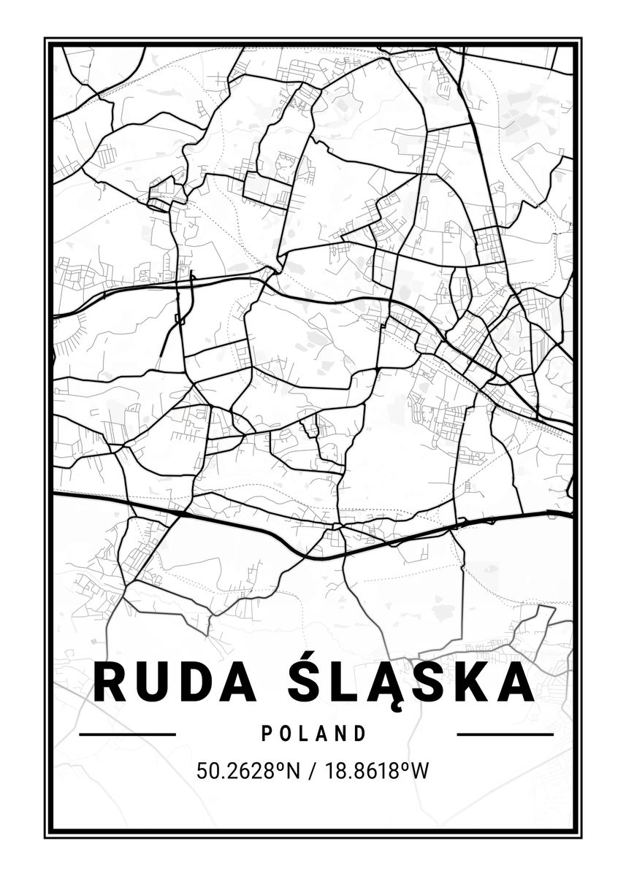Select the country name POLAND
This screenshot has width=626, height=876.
point(313,733)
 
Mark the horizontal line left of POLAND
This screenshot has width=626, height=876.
point(127,734)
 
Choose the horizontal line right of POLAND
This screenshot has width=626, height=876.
point(505,734)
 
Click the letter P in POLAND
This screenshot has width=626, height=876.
point(266,733)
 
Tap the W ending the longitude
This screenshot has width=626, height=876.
point(418,770)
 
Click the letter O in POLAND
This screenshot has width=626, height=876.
point(285,733)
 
